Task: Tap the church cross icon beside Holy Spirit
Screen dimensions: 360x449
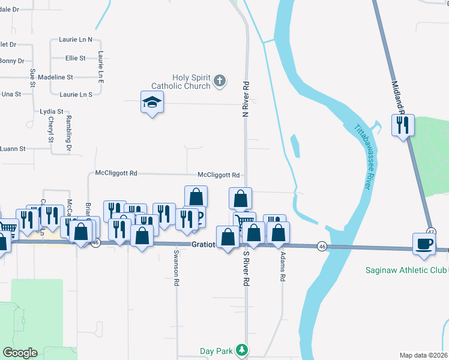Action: click(x=220, y=80)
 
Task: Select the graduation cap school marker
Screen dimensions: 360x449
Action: click(x=152, y=103)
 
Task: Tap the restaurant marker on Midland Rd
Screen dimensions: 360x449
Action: click(x=402, y=125)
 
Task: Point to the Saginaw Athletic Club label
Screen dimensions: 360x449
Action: click(x=406, y=270)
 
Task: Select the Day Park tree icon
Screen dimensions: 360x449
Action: click(x=241, y=349)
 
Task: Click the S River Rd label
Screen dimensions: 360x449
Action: click(x=246, y=268)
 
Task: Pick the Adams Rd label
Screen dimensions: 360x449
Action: click(x=282, y=266)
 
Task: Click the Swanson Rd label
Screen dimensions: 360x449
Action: click(x=176, y=267)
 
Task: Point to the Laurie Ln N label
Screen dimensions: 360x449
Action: click(x=76, y=40)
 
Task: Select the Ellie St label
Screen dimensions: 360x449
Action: click(x=76, y=58)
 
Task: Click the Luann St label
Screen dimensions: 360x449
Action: click(x=13, y=148)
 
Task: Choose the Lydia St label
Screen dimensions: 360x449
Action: click(x=51, y=112)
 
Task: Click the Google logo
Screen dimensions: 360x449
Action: click(x=20, y=352)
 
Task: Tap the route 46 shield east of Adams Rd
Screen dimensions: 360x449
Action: click(x=322, y=247)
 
